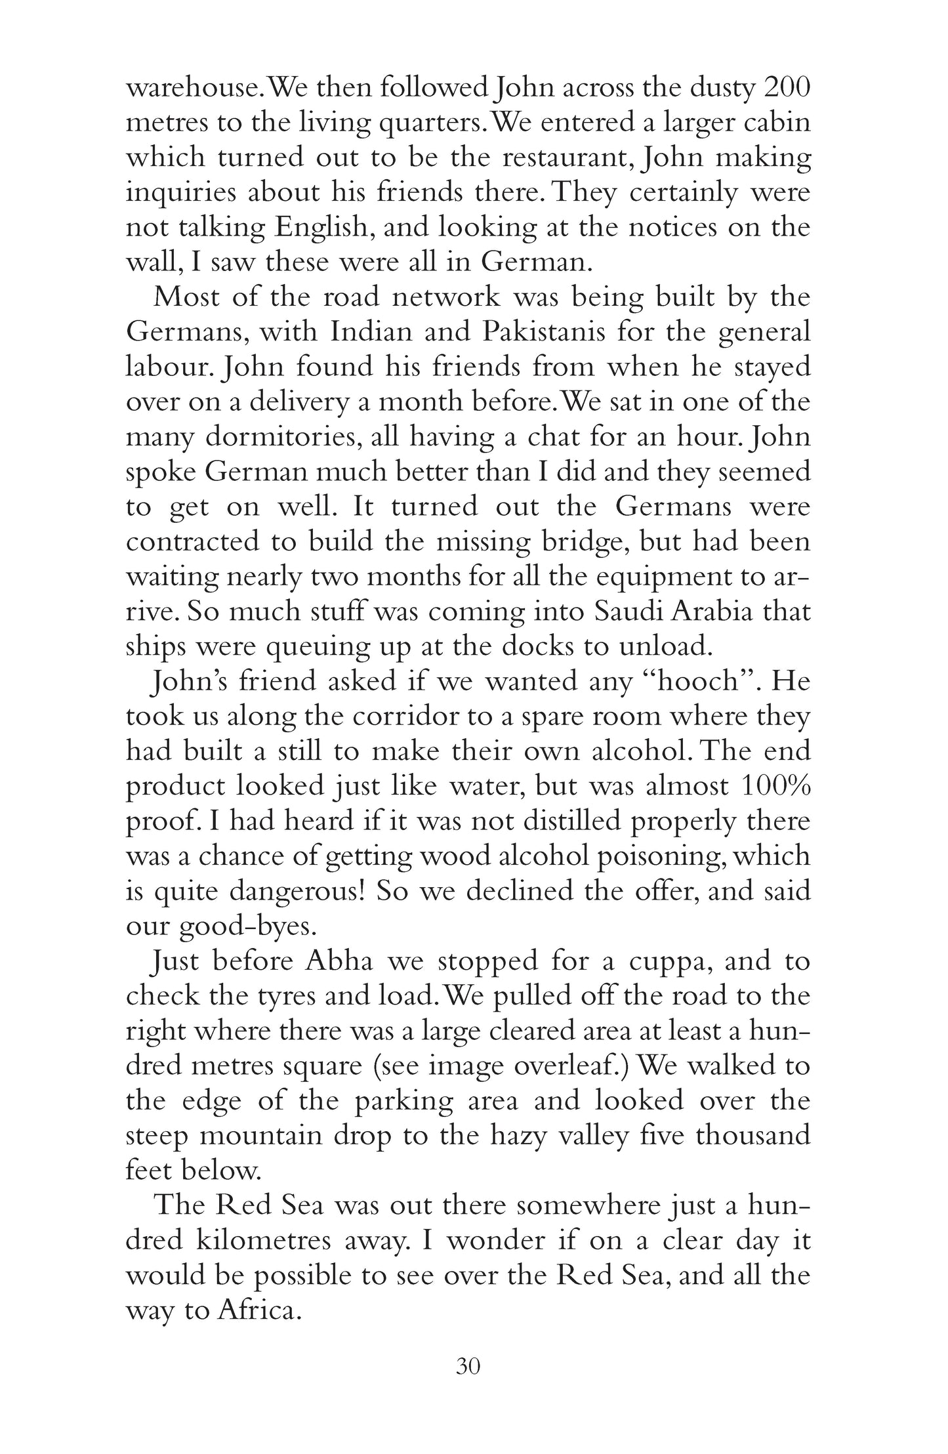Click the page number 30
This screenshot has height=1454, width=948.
468,1366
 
